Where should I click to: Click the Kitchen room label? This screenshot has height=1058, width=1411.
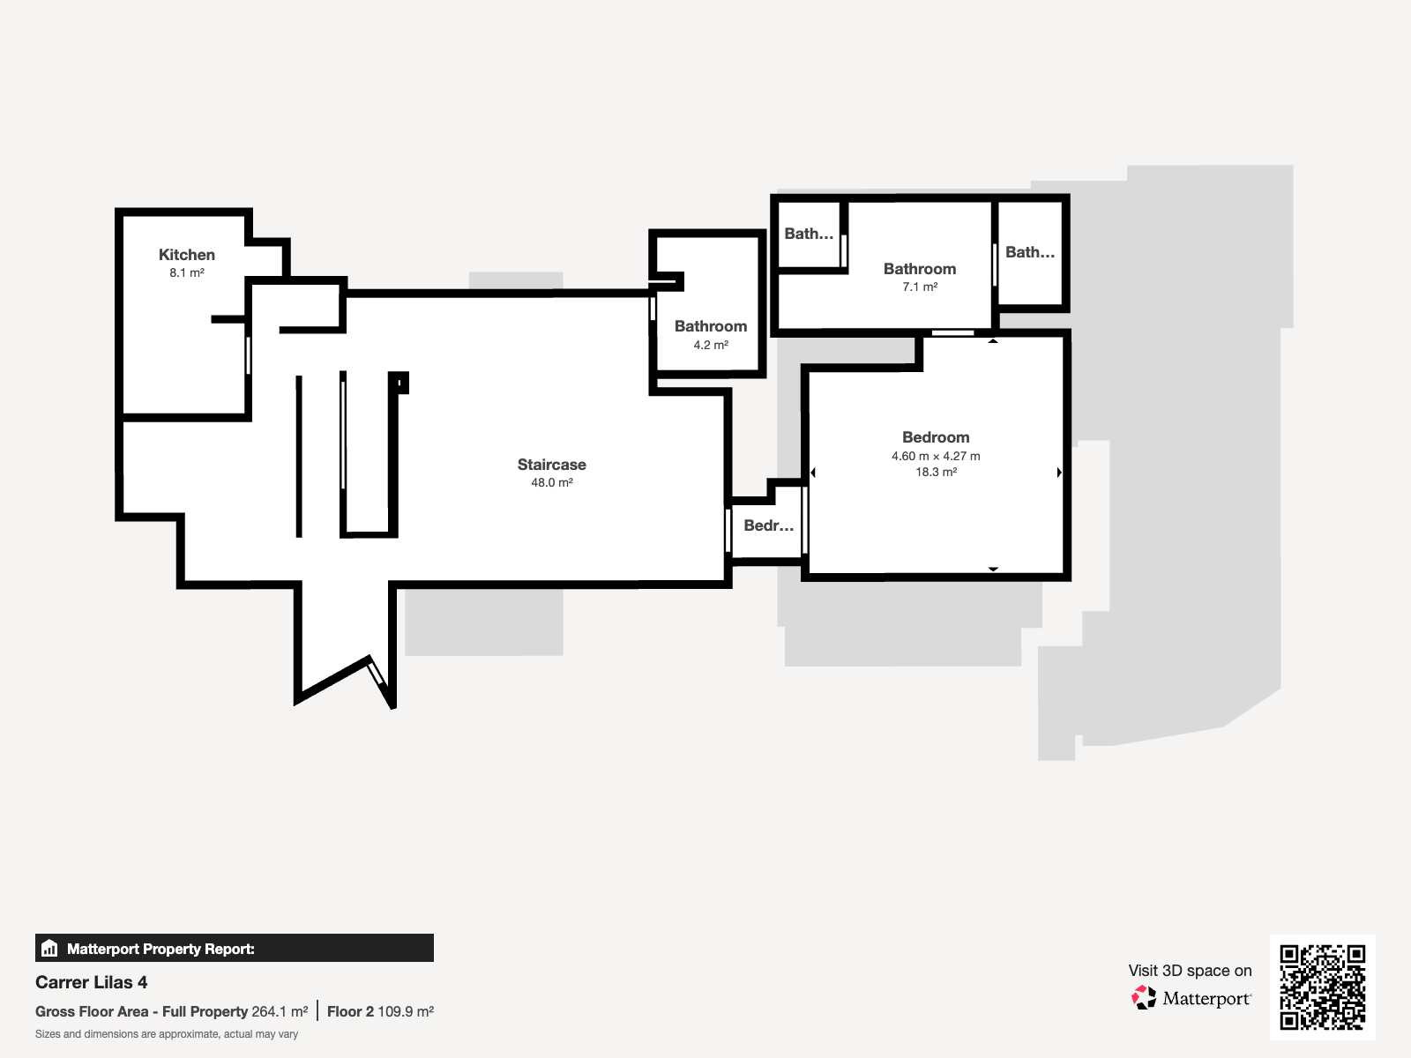pyautogui.click(x=186, y=255)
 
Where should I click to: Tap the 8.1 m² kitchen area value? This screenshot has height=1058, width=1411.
pyautogui.click(x=186, y=273)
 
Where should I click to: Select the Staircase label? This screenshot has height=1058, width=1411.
pyautogui.click(x=551, y=465)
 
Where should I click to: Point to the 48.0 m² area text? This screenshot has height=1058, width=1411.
pyautogui.click(x=551, y=482)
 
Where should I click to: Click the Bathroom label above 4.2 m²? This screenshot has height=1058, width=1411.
pyautogui.click(x=710, y=326)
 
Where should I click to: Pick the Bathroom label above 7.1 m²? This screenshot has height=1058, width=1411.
pyautogui.click(x=919, y=269)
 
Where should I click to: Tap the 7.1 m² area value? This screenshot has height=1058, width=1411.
pyautogui.click(x=919, y=287)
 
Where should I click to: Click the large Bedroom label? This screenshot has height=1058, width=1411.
pyautogui.click(x=936, y=437)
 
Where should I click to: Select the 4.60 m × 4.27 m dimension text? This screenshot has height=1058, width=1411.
pyautogui.click(x=936, y=456)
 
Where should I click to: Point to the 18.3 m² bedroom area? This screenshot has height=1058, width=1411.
pyautogui.click(x=936, y=473)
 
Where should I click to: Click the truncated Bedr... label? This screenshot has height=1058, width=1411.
pyautogui.click(x=768, y=525)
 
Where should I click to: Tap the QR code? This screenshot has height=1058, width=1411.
pyautogui.click(x=1322, y=987)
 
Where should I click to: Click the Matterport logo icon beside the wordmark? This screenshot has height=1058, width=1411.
pyautogui.click(x=1144, y=998)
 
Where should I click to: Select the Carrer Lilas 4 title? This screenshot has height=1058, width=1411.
pyautogui.click(x=92, y=982)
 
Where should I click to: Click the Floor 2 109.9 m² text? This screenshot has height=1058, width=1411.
pyautogui.click(x=381, y=1012)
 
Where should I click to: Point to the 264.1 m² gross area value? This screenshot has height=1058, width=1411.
pyautogui.click(x=280, y=1012)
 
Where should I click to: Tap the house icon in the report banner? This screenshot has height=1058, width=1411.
pyautogui.click(x=49, y=948)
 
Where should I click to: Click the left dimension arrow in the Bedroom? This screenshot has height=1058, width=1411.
pyautogui.click(x=813, y=473)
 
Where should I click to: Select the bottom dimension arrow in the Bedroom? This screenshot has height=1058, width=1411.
pyautogui.click(x=993, y=570)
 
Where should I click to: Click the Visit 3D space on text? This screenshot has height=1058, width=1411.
pyautogui.click(x=1190, y=971)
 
